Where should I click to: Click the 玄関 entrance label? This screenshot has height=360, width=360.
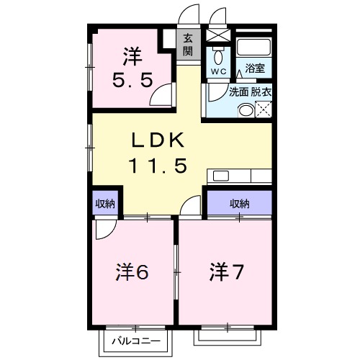click(x=187, y=45)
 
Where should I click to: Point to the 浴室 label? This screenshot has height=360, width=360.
click(x=254, y=70)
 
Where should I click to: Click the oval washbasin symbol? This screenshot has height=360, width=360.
click(x=246, y=110)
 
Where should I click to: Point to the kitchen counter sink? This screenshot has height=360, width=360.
click(x=218, y=176)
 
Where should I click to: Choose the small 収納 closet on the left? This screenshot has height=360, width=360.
click(x=105, y=204)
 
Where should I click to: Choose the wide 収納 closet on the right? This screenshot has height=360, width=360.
click(x=240, y=204)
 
